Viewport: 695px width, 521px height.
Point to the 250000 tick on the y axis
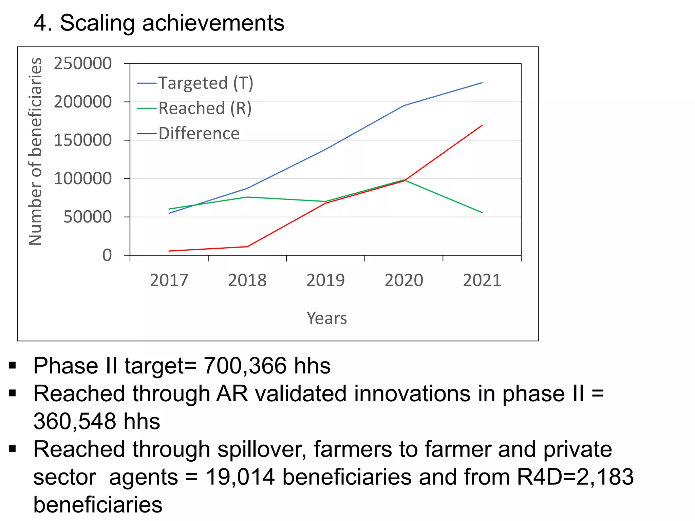coord(83,63)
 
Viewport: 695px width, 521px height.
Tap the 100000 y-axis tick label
coord(83,178)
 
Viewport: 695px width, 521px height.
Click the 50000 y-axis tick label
coord(88,217)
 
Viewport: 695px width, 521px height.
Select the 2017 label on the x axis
coord(169,281)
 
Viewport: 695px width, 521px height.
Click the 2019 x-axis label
coord(325,281)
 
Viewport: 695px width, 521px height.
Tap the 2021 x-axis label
coord(482,281)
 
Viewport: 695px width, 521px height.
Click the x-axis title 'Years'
coord(327,318)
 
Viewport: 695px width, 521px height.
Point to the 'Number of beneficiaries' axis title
coord(35,152)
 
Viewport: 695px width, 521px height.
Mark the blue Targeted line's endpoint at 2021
coord(482,83)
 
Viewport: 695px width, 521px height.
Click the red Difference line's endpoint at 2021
coord(482,126)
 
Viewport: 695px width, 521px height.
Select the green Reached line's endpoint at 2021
coord(482,213)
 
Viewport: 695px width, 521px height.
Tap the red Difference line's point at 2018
coord(247,247)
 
